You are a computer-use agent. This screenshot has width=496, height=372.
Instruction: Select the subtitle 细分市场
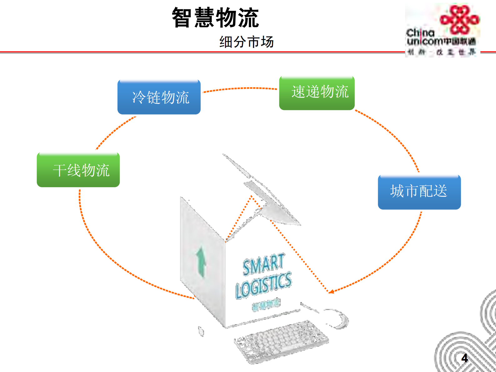click(246, 42)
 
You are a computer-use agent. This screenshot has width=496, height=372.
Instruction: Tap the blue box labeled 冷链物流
click(159, 97)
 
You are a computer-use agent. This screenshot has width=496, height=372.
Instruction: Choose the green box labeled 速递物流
click(317, 93)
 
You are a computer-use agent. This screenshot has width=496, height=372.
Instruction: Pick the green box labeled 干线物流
click(78, 170)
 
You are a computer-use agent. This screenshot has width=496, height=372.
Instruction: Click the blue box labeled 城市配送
click(419, 192)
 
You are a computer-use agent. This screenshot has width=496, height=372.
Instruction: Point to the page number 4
click(464, 358)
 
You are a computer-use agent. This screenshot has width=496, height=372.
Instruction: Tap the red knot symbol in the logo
click(459, 19)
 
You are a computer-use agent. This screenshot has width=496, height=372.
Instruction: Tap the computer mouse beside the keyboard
click(339, 319)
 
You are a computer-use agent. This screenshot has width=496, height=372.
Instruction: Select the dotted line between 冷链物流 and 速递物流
click(240, 89)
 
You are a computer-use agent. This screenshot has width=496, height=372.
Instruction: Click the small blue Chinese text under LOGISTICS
click(266, 304)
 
